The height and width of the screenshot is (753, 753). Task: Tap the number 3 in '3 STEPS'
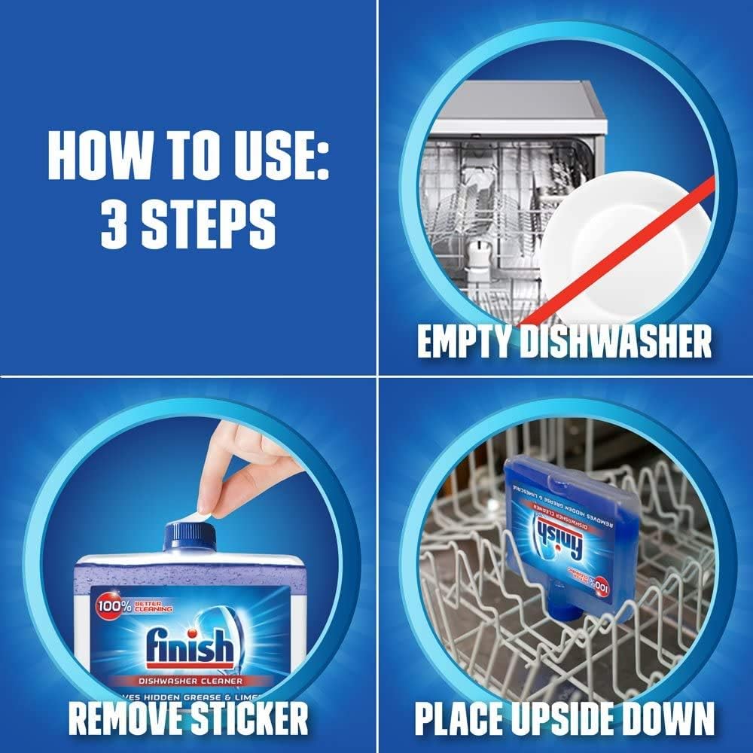coord(115,224)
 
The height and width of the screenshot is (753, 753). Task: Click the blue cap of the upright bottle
coord(189,536)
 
